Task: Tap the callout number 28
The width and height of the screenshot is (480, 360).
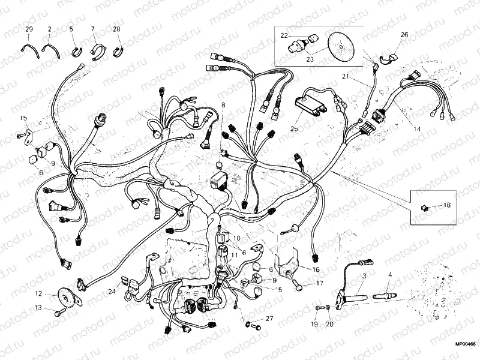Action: pyautogui.click(x=116, y=29)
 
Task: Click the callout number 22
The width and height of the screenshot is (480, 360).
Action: pyautogui.click(x=284, y=36)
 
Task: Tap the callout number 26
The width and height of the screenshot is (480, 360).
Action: pyautogui.click(x=404, y=35)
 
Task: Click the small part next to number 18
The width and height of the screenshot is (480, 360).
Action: pyautogui.click(x=425, y=206)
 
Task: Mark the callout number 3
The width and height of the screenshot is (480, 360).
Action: pyautogui.click(x=364, y=275)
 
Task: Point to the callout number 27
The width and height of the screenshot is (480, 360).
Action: pyautogui.click(x=269, y=319)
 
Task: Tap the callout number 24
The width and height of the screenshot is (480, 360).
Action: pyautogui.click(x=111, y=292)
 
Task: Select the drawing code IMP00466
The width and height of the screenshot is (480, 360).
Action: pyautogui.click(x=464, y=344)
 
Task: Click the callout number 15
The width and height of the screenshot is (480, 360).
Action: pyautogui.click(x=23, y=118)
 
